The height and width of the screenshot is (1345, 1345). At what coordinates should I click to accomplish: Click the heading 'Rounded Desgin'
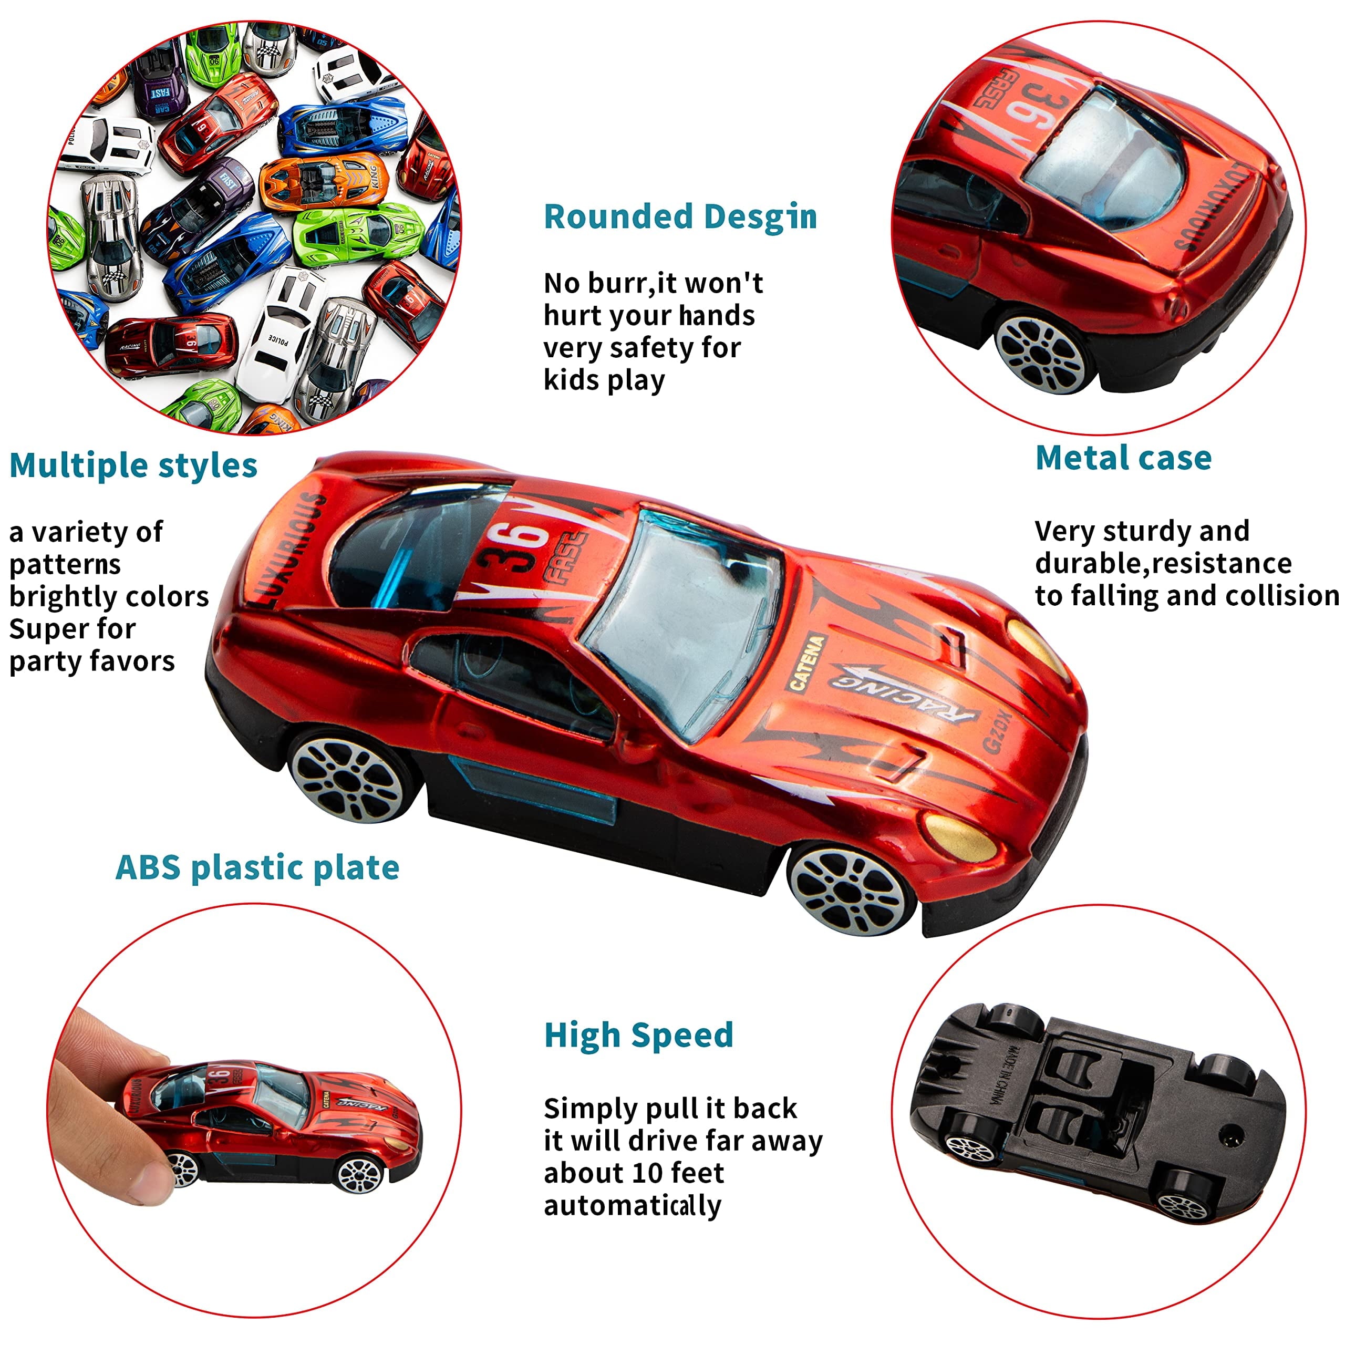pos(680,216)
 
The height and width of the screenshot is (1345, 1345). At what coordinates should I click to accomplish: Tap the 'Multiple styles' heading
pos(133,465)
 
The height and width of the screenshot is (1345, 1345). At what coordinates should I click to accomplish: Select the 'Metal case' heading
pos(1123,458)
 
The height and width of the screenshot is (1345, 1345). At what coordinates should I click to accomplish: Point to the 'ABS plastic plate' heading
pos(257,867)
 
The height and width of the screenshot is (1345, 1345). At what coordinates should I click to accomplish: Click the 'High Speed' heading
pos(638,1034)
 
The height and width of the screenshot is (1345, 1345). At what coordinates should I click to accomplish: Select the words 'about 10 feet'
pos(634,1173)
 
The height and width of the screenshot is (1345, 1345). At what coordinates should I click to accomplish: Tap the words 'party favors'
pos(92,660)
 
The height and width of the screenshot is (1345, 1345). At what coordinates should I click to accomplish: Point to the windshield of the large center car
pos(682,619)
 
